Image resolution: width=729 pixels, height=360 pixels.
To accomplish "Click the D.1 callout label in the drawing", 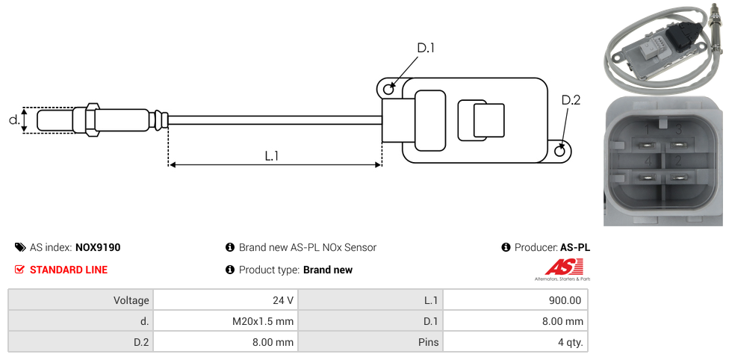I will tap(426, 48).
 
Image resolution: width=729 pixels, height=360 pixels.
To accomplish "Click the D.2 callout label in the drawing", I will tap(571, 100).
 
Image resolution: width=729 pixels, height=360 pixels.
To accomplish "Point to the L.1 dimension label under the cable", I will tap(272, 155).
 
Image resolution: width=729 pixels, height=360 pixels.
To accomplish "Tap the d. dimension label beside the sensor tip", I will tap(13, 120).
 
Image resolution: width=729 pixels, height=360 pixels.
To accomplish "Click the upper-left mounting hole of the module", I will tap(388, 90).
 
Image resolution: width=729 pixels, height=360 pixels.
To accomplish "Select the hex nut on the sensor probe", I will tap(93, 120).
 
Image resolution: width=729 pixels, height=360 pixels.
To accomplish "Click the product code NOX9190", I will tap(98, 247).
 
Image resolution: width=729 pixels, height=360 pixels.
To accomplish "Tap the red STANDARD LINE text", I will tap(69, 270).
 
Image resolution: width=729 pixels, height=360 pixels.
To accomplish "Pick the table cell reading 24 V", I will tap(225, 300).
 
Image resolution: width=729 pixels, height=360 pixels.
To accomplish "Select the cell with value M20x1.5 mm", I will tap(225, 321).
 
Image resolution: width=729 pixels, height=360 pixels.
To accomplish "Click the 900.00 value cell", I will tap(515, 300).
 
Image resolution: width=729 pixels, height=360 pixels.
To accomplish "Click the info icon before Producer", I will tap(506, 247).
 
